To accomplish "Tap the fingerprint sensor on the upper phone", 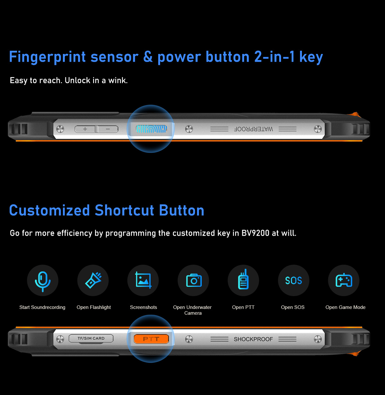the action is pyautogui.click(x=151, y=129).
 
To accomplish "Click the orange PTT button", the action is pyautogui.click(x=151, y=339).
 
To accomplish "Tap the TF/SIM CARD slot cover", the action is pyautogui.click(x=91, y=338).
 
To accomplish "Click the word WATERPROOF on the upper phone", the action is pyautogui.click(x=253, y=129).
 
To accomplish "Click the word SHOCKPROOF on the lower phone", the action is pyautogui.click(x=253, y=339).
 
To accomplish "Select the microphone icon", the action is pyautogui.click(x=43, y=281).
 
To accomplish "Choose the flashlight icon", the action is pyautogui.click(x=93, y=280).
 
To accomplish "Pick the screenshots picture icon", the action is pyautogui.click(x=143, y=280).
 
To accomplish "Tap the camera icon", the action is pyautogui.click(x=194, y=280).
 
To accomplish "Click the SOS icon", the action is pyautogui.click(x=294, y=281).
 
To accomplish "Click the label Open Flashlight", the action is pyautogui.click(x=94, y=307).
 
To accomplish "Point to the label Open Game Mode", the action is pyautogui.click(x=346, y=307).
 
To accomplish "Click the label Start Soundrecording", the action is pyautogui.click(x=42, y=307).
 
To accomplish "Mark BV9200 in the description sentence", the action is pyautogui.click(x=255, y=233).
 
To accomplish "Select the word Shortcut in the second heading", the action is pyautogui.click(x=124, y=210).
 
